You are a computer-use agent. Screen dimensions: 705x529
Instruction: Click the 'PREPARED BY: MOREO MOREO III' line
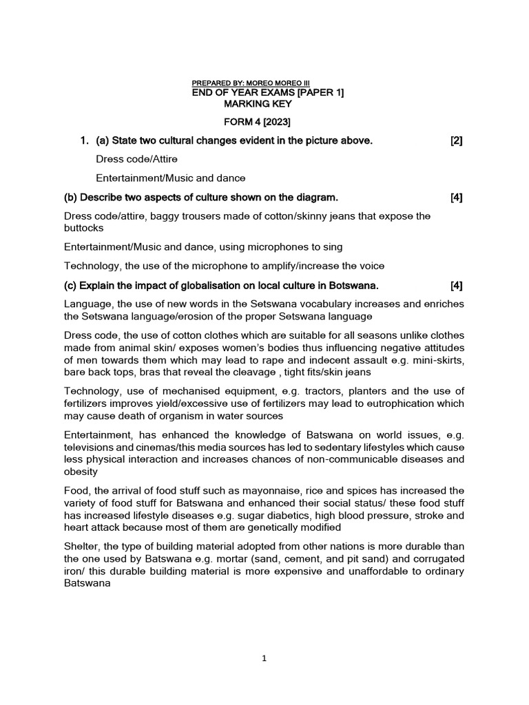tap(251, 83)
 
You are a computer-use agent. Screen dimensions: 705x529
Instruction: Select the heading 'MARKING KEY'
tap(258, 104)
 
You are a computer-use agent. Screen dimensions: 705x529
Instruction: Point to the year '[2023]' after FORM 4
tap(276, 123)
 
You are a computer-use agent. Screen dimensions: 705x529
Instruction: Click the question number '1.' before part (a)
tap(85, 141)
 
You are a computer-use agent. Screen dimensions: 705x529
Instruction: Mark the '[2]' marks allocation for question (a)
tap(456, 141)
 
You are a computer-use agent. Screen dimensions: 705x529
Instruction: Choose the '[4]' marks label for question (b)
tap(456, 198)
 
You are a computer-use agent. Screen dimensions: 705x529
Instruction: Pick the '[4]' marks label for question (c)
tap(456, 285)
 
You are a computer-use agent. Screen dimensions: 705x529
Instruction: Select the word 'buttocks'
tap(83, 227)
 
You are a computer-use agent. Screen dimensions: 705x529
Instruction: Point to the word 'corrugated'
tap(438, 558)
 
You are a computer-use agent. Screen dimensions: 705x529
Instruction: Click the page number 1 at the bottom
tap(264, 658)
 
